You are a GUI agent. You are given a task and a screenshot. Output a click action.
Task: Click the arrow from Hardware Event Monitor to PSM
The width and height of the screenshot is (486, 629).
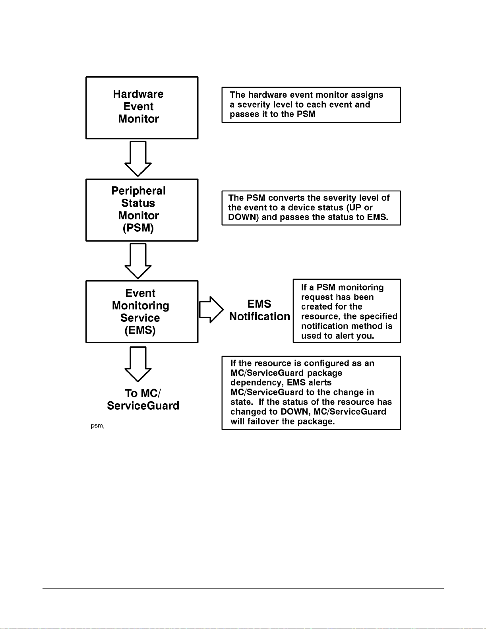[x=138, y=159]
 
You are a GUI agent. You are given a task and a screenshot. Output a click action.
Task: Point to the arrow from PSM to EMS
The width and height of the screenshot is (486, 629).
[x=138, y=261]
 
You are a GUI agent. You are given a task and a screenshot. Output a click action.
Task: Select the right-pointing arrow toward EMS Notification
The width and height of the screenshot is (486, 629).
[x=211, y=310]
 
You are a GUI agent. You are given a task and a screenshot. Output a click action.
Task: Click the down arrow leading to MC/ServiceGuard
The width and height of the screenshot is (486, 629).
[x=138, y=364]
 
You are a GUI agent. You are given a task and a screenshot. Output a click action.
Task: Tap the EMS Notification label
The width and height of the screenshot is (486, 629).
[x=259, y=310]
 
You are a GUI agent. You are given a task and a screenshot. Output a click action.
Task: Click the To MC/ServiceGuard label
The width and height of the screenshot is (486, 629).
[x=143, y=399]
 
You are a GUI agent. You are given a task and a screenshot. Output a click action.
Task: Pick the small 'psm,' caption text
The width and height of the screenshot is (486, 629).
[x=97, y=426]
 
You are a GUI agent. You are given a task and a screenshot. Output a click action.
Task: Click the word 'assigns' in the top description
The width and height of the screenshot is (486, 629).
[x=367, y=95]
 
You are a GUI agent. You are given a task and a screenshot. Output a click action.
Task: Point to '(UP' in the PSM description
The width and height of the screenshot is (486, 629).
[x=355, y=207]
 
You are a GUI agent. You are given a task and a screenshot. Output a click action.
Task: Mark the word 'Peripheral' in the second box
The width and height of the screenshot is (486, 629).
[x=138, y=191]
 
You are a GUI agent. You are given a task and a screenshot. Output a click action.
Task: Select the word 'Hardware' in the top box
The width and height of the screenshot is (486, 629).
[x=138, y=94]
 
